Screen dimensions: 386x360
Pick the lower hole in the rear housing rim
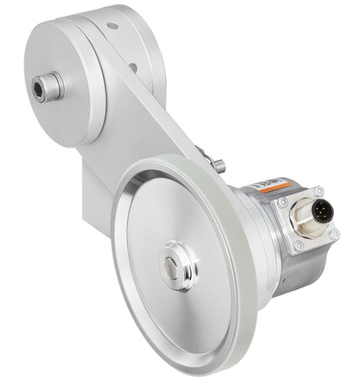[135, 67]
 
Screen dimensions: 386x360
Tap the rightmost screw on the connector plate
[334, 234]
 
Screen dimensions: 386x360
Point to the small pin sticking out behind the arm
[219, 164]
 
